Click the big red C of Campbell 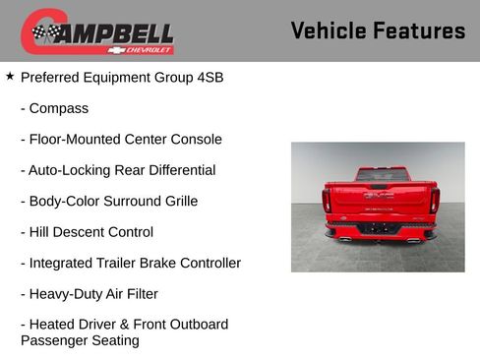37,31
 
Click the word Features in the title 419,30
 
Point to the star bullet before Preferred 10,76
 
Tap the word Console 195,140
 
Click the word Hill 41,232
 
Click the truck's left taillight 327,201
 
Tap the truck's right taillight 433,201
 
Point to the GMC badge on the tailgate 379,195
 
